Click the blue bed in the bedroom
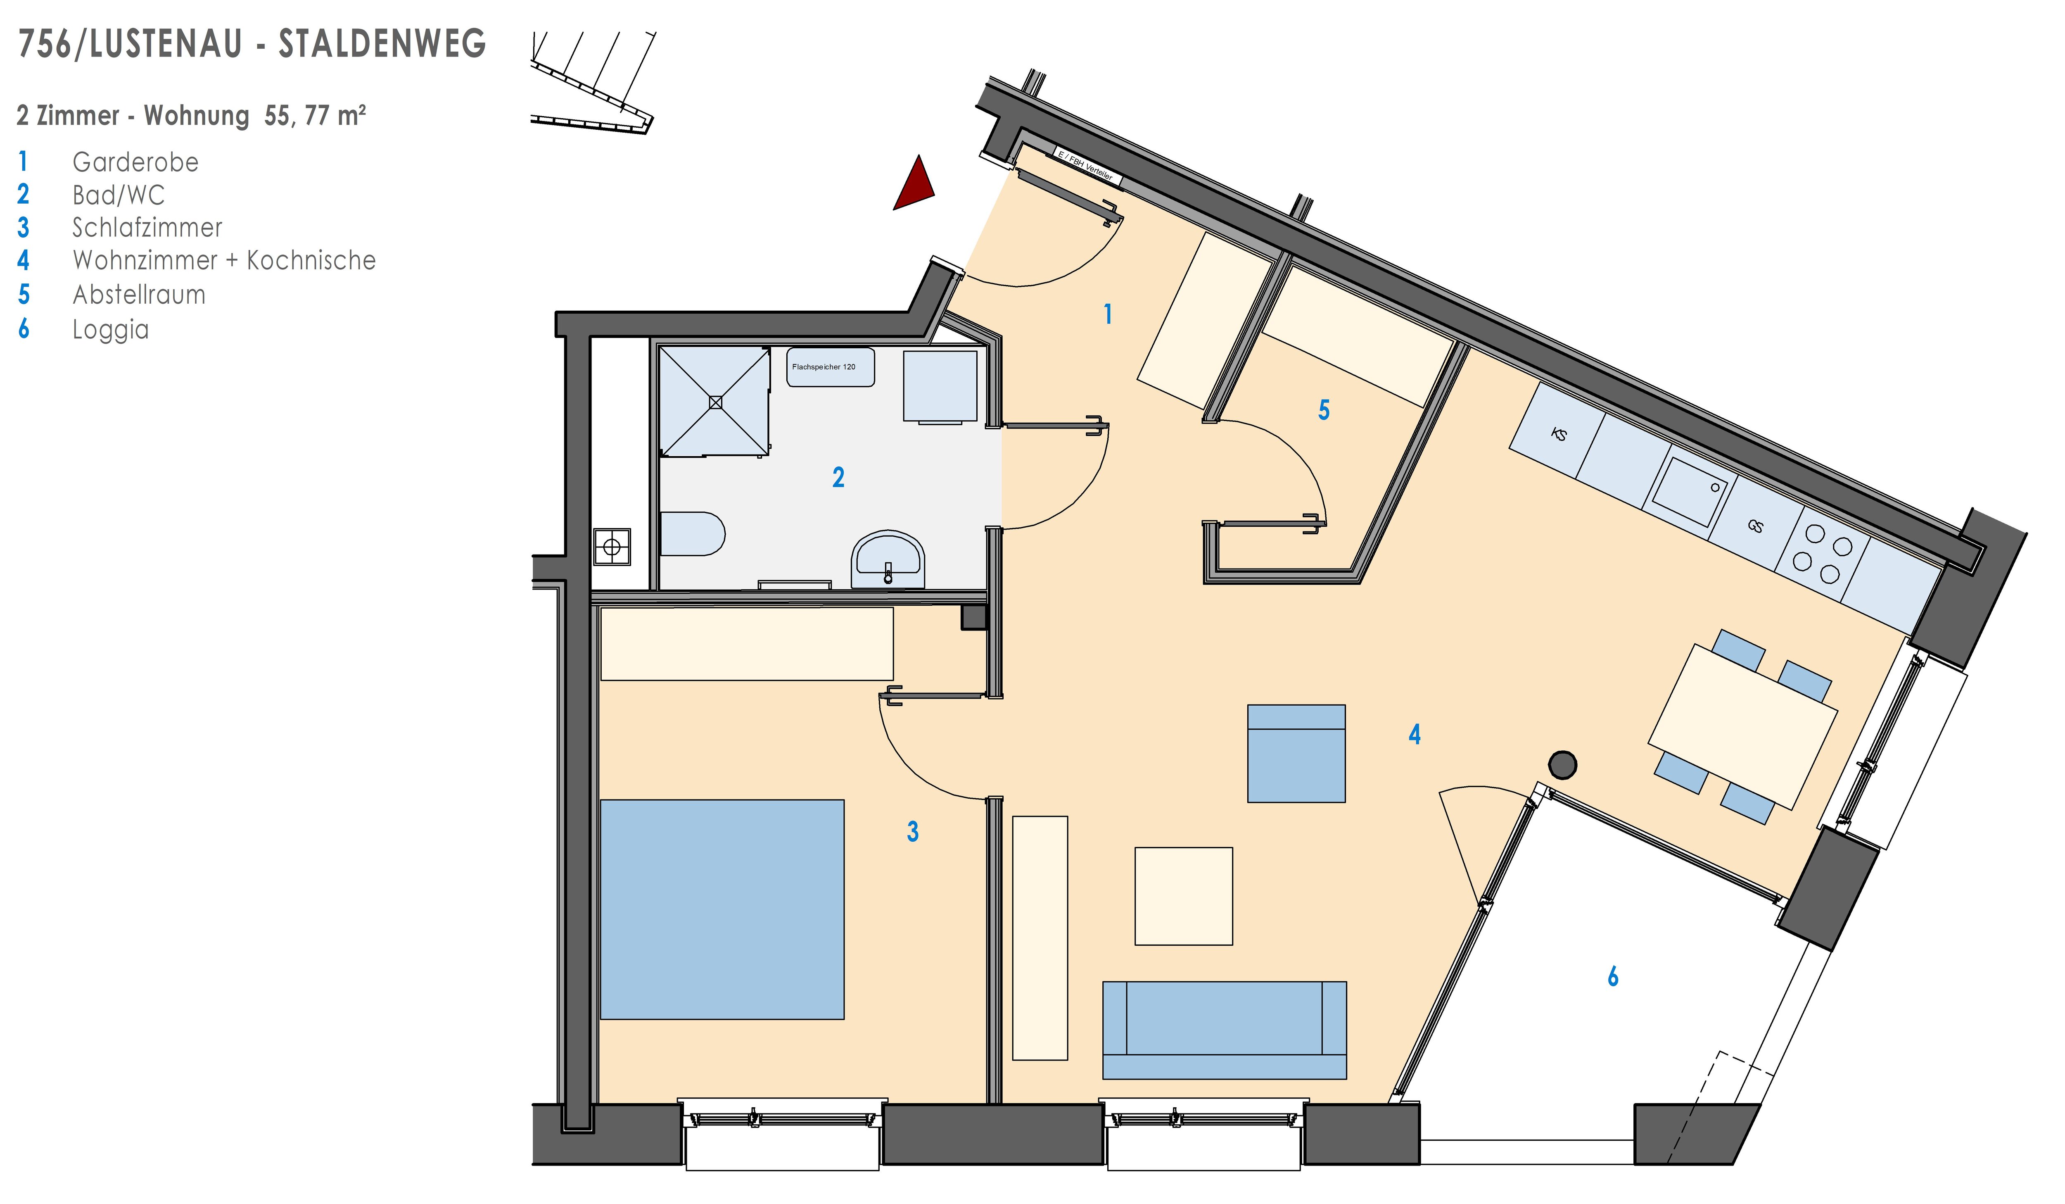click(722, 910)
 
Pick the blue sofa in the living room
click(1224, 1030)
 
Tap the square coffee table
click(1183, 897)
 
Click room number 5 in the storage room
click(1323, 410)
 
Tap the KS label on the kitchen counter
click(1559, 433)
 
